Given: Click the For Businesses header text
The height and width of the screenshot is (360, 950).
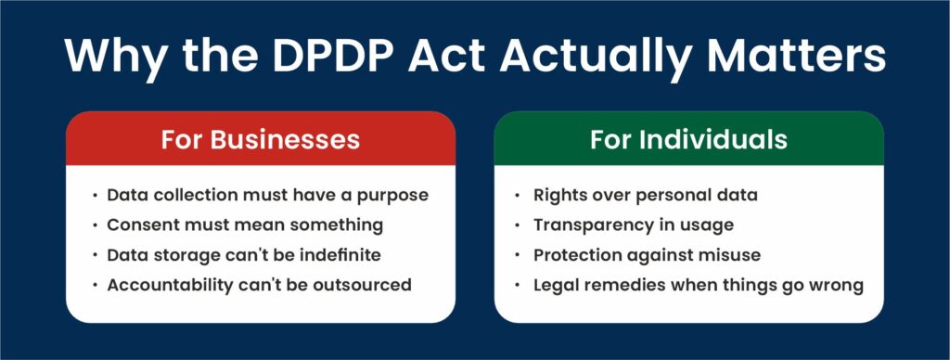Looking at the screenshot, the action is [x=261, y=140].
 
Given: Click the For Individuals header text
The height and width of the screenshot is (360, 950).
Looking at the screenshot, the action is [x=689, y=140].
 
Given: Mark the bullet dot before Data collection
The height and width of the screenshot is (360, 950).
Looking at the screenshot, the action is [x=95, y=196].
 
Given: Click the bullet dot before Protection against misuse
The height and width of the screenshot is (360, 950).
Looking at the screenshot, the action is [x=517, y=255].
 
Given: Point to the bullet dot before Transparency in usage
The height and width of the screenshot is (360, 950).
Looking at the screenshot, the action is [x=517, y=225].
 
